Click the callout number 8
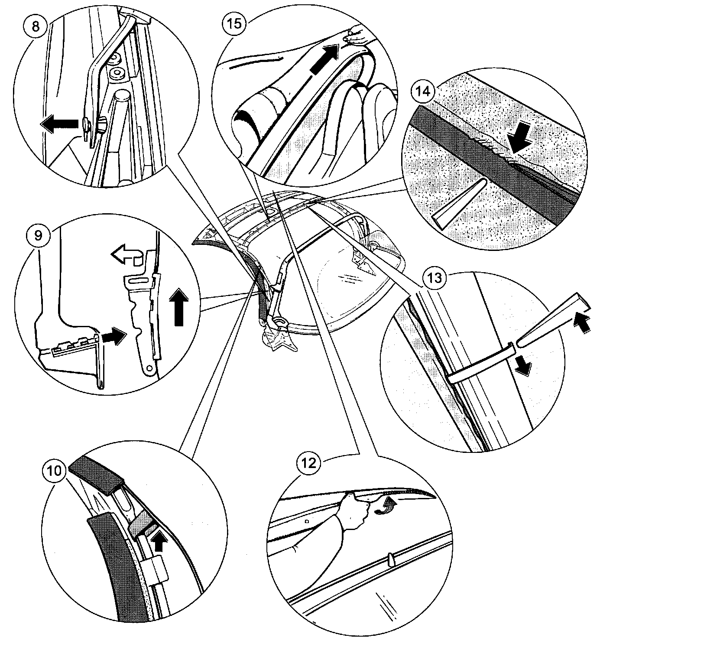pyautogui.click(x=36, y=26)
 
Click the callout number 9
pyautogui.click(x=39, y=235)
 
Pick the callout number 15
pyautogui.click(x=234, y=23)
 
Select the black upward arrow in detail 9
pyautogui.click(x=178, y=308)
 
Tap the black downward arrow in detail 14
pyautogui.click(x=519, y=139)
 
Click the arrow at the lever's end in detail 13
pyautogui.click(x=582, y=323)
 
